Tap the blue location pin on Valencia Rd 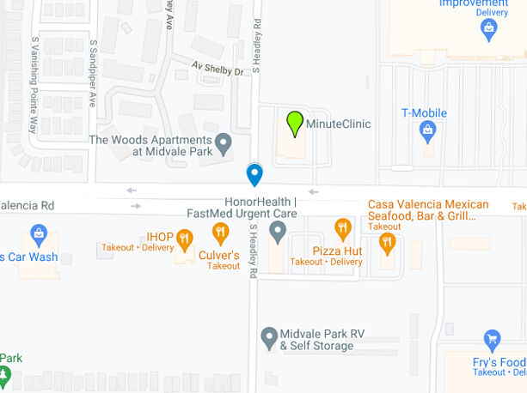[254, 174]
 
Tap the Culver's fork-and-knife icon [221, 231]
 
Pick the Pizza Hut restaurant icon [344, 227]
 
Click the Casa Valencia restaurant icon [388, 241]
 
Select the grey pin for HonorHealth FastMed [278, 230]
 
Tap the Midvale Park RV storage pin [269, 335]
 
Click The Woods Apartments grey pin [224, 142]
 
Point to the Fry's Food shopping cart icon [492, 340]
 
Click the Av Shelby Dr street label [218, 70]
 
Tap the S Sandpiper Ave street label [92, 72]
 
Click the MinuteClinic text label [338, 124]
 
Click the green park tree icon [4, 375]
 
